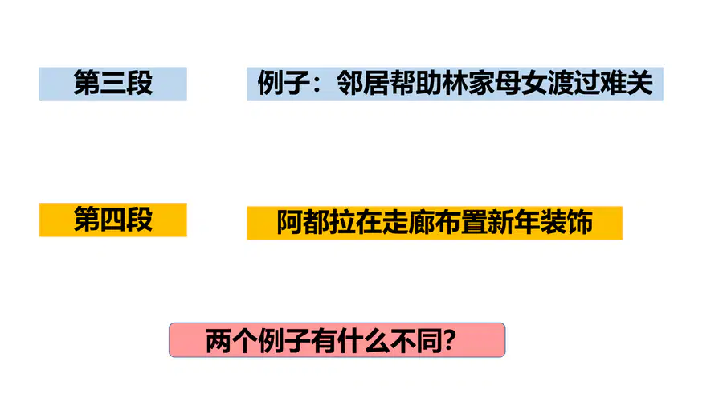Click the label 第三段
(x=113, y=83)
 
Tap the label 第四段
(x=113, y=220)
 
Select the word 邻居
(x=362, y=83)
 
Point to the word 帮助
(x=415, y=83)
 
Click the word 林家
(x=468, y=83)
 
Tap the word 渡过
(x=574, y=83)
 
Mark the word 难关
(x=627, y=83)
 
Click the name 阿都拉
(x=316, y=223)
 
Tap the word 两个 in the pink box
(x=231, y=341)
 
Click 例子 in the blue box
(x=284, y=83)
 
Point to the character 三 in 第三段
(x=113, y=83)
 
